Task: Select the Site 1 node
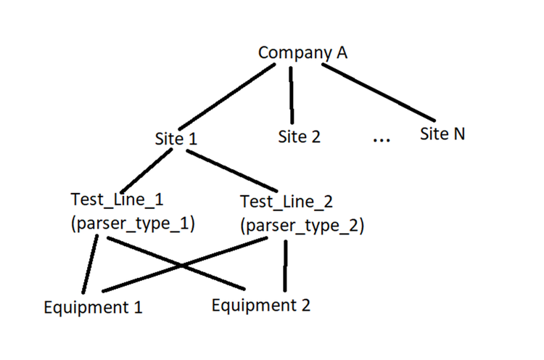tap(176, 137)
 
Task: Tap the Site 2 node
tap(299, 136)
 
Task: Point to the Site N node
tap(442, 134)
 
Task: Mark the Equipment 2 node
tap(261, 305)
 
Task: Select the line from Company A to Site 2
tap(292, 94)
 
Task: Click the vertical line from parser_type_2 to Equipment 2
tap(288, 264)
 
